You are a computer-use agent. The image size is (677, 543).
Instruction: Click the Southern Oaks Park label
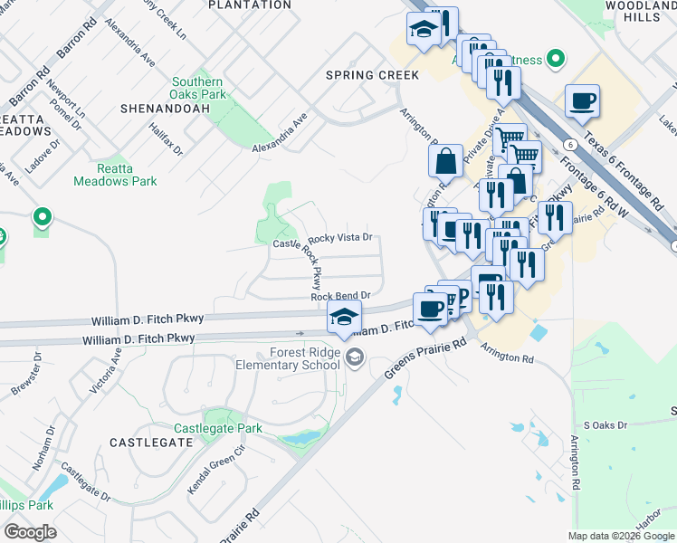(198, 88)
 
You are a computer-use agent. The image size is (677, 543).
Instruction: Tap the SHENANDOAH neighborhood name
(165, 109)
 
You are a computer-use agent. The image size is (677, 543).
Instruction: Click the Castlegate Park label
(218, 427)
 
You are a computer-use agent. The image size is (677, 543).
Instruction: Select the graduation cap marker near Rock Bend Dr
(344, 317)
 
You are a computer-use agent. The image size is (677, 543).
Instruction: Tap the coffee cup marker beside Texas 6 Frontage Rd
(582, 100)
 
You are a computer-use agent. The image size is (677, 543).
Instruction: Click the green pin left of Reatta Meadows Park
(42, 217)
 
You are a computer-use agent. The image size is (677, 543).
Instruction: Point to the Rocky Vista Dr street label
(340, 238)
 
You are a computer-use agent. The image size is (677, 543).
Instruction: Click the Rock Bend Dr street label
(341, 296)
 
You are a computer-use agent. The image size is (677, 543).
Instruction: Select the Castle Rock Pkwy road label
(315, 264)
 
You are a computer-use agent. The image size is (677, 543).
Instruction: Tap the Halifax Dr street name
(166, 137)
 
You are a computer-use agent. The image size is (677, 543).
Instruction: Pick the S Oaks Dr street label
(605, 424)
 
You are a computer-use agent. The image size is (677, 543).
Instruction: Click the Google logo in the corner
(30, 531)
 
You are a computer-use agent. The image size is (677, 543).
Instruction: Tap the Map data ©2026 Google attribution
(622, 536)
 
